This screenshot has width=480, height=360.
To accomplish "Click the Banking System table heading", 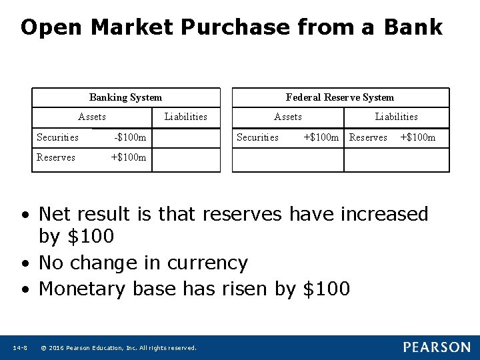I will click(125, 97).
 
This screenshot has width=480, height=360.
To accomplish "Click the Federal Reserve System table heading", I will click(340, 97).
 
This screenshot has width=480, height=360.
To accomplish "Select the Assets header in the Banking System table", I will click(92, 117).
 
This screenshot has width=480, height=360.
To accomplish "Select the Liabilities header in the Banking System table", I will click(185, 117).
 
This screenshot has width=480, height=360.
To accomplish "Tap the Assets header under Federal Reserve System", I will click(288, 117).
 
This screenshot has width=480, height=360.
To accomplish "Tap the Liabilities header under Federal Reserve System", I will click(396, 117).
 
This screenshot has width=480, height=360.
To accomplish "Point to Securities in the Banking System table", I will click(57, 137).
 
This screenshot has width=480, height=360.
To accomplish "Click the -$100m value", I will click(130, 137).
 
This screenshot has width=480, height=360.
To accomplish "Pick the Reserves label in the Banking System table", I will click(56, 157).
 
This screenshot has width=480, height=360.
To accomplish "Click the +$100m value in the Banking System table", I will click(128, 157).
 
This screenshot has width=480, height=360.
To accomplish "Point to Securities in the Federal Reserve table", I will click(258, 137).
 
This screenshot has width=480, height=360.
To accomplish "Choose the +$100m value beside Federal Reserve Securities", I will click(321, 137).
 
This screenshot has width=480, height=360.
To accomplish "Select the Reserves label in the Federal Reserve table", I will click(368, 137).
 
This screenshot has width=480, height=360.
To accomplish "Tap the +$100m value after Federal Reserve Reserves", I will click(417, 137).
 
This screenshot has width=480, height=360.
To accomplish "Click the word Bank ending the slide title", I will click(413, 27).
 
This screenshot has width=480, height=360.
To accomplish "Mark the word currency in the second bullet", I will click(207, 263).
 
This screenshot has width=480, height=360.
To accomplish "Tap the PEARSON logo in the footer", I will click(436, 347).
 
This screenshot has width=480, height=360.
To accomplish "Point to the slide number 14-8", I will click(20, 347).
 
